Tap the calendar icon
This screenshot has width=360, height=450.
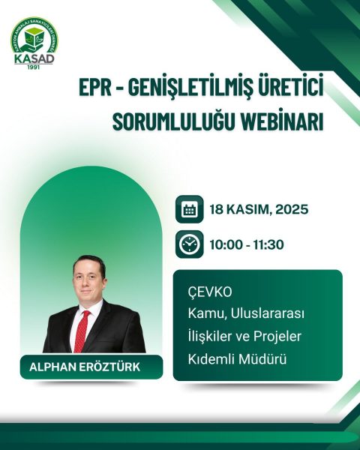pyautogui.click(x=190, y=210)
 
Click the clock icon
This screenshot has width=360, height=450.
pyautogui.click(x=190, y=245)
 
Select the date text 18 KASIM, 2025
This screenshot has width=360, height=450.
pyautogui.click(x=259, y=210)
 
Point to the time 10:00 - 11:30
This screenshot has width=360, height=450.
pyautogui.click(x=248, y=245)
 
